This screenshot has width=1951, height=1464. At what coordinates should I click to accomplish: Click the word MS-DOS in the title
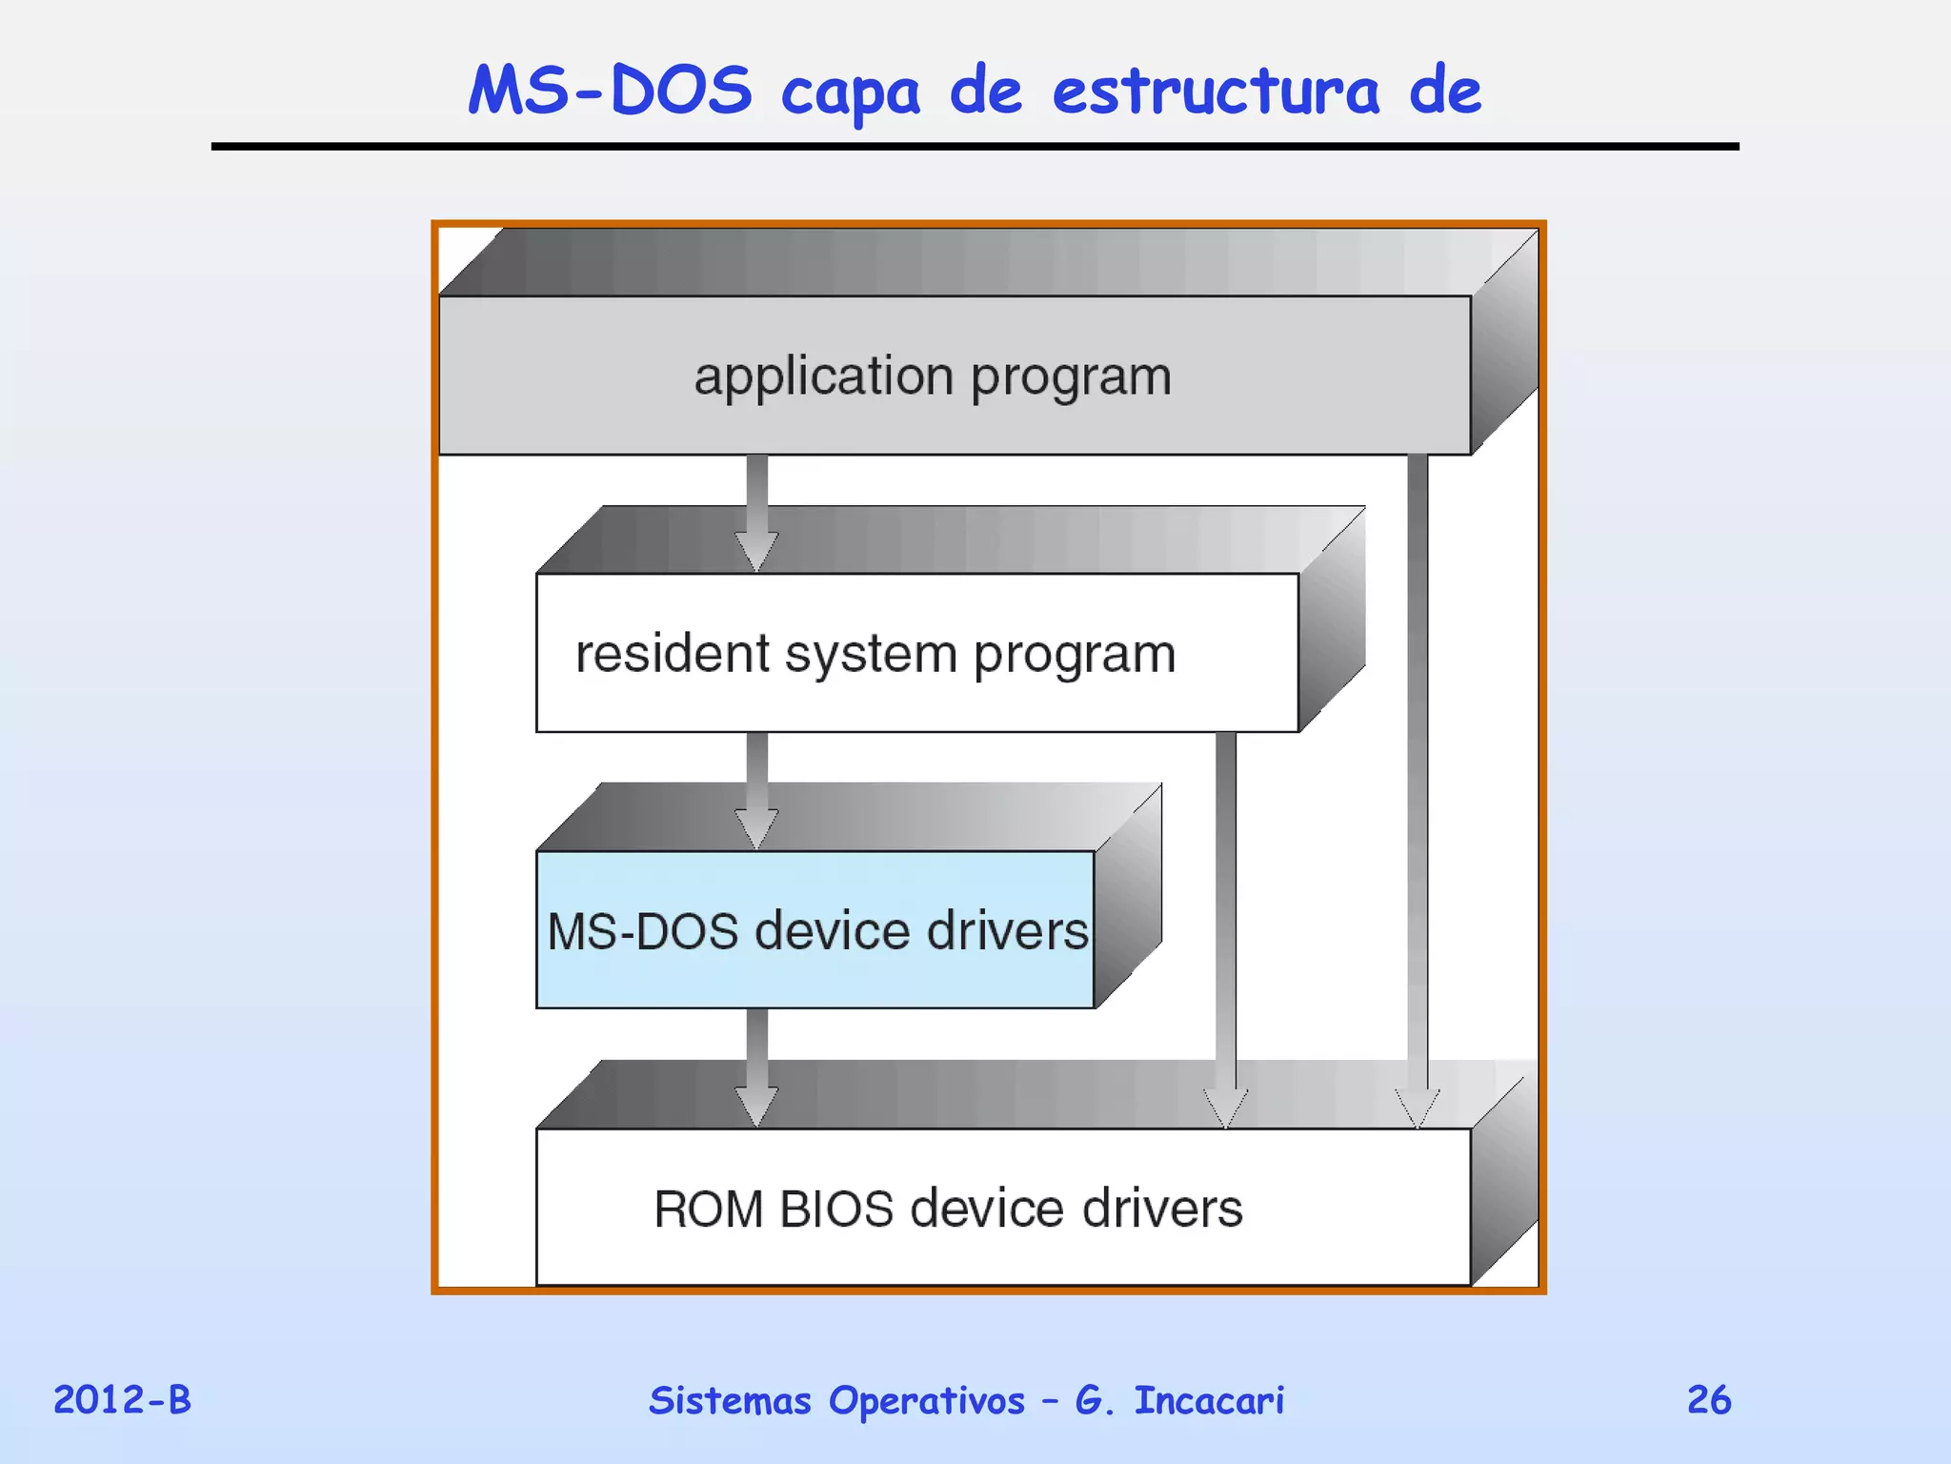(610, 91)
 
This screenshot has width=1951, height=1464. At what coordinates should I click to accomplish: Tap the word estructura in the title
(1216, 92)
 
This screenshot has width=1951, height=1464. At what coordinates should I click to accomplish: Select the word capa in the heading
(850, 95)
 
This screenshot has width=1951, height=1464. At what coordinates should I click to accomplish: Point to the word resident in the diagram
(673, 654)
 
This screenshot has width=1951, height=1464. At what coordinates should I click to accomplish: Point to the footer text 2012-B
(122, 1400)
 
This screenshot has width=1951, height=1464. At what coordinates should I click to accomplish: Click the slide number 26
(1709, 1400)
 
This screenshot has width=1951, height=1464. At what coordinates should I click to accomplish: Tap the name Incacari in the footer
(1209, 1400)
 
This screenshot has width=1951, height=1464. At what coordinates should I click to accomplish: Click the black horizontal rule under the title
(975, 147)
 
